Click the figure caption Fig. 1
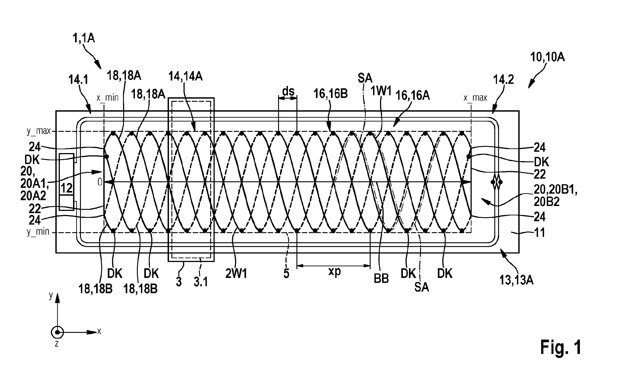pos(561,347)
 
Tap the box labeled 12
pos(67,182)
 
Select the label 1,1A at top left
pos(84,39)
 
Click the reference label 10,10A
pos(547,57)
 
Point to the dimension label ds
pos(288,91)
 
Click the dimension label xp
pos(334,271)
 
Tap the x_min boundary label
pos(108,98)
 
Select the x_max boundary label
pos(475,98)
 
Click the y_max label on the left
pos(39,131)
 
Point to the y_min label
pos(38,232)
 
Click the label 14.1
pos(78,80)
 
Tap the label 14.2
pos(503,80)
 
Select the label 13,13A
pos(516,280)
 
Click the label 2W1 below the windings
pos(236,274)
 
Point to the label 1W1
pos(381,91)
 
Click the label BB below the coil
pos(381,279)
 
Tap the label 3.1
pos(201,282)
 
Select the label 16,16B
pos(331,94)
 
